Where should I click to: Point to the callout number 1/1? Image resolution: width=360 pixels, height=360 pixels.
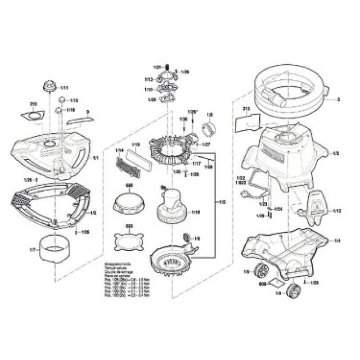click(x=95, y=158)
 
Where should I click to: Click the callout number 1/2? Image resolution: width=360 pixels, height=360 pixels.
click(x=93, y=212)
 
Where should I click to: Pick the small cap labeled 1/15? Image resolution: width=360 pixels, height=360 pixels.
click(x=63, y=100)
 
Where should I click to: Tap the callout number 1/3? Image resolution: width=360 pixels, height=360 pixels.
click(x=335, y=153)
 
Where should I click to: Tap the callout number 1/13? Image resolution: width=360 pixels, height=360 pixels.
click(x=148, y=79)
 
